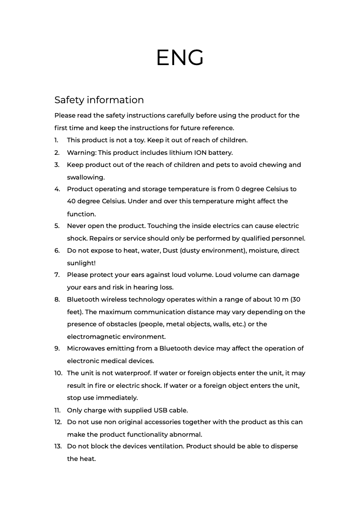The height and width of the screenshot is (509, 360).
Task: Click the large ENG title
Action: [x=180, y=58]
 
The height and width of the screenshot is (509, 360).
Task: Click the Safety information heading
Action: [x=99, y=100]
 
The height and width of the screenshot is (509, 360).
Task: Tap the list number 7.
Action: [x=57, y=275]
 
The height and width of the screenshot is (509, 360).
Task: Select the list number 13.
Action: [x=58, y=446]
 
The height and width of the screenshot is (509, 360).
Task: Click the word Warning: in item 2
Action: [x=82, y=153]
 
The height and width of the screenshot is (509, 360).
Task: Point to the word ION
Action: [x=200, y=153]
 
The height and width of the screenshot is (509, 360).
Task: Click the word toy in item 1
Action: [x=140, y=140]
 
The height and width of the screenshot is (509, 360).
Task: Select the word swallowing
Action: [x=86, y=177]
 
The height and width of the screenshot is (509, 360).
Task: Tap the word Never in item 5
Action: [x=77, y=226]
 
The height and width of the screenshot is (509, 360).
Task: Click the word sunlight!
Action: [x=81, y=263]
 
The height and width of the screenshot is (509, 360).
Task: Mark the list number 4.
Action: [x=57, y=189]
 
